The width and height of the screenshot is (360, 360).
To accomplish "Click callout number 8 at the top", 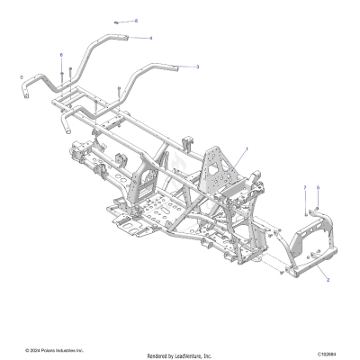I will [136, 20].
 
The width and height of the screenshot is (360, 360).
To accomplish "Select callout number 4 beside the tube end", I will [151, 38].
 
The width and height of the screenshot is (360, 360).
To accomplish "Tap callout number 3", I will [198, 66].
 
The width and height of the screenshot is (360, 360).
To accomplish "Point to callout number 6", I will [61, 55].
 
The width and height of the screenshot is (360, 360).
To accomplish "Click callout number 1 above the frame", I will [247, 148].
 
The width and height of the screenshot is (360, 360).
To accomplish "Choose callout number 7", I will [305, 187].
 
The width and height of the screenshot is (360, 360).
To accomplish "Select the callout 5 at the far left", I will [20, 78].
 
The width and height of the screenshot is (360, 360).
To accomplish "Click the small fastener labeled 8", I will [118, 21].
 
